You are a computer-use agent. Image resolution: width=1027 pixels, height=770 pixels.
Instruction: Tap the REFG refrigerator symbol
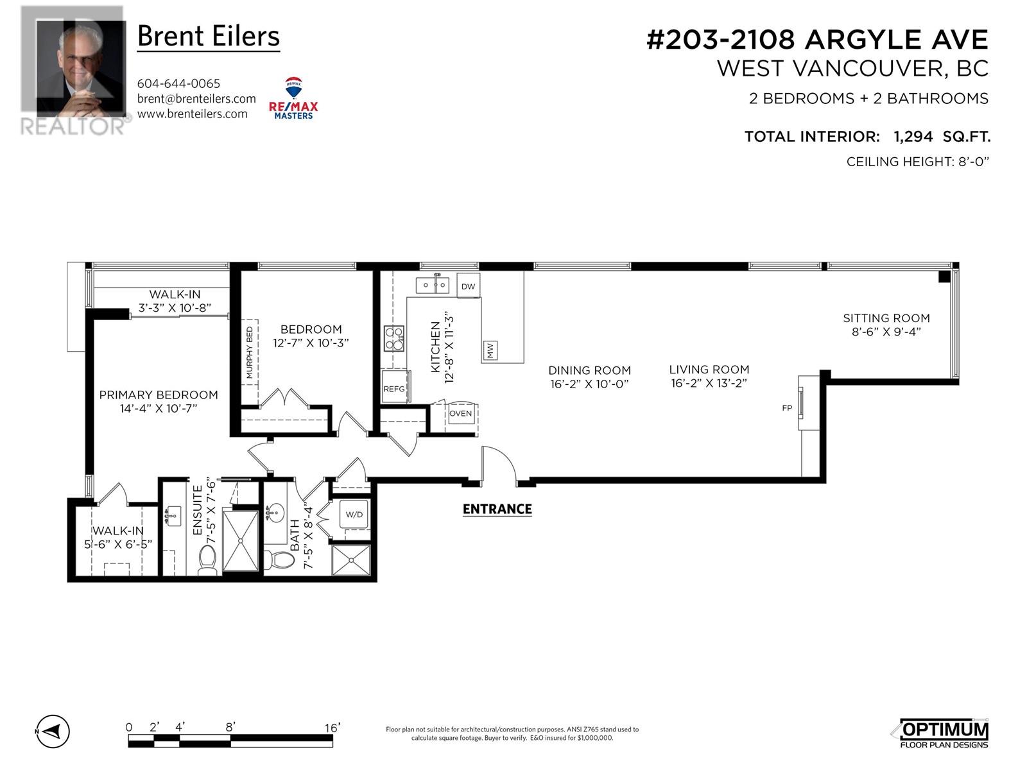click(x=395, y=386)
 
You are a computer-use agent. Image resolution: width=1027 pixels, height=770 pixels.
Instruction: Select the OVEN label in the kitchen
click(x=460, y=413)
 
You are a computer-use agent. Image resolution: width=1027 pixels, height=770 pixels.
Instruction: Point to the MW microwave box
click(x=490, y=350)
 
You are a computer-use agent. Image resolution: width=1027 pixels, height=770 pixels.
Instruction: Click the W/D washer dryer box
click(x=354, y=514)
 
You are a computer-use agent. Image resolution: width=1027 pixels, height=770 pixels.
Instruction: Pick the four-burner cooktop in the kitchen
click(x=394, y=338)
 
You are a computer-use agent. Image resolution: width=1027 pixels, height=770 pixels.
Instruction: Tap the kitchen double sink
click(x=433, y=284)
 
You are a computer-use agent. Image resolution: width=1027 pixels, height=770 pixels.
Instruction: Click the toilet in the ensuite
click(x=208, y=559)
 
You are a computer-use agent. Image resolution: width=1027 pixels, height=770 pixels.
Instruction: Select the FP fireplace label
click(x=787, y=408)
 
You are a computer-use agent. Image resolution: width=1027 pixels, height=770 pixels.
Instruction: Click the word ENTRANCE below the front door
click(x=497, y=509)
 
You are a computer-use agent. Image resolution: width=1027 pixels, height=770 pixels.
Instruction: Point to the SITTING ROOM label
click(x=886, y=318)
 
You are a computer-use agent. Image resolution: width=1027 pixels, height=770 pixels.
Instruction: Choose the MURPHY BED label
click(x=250, y=352)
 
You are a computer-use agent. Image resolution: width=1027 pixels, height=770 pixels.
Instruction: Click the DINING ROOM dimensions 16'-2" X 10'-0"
click(x=589, y=384)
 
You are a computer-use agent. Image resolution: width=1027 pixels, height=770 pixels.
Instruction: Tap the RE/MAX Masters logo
click(x=293, y=98)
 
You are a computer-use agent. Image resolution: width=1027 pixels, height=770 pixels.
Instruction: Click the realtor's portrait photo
click(x=81, y=69)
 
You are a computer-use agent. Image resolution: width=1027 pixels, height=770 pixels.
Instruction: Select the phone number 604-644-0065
click(x=178, y=83)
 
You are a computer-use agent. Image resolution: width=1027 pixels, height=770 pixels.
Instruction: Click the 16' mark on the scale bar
click(x=332, y=728)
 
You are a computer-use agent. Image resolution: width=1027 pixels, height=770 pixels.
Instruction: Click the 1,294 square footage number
click(x=913, y=137)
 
